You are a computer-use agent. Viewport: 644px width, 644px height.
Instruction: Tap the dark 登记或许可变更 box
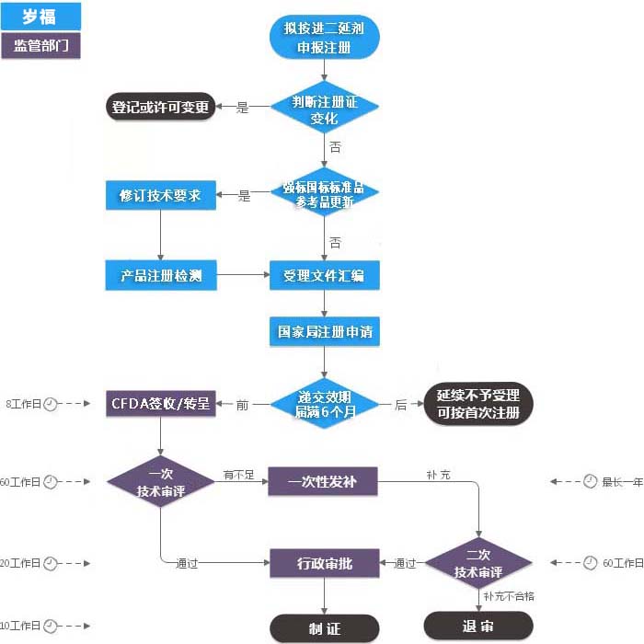pos(161,108)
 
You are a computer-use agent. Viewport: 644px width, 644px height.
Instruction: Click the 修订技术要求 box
pos(161,195)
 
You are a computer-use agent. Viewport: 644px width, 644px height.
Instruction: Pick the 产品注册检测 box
pos(161,274)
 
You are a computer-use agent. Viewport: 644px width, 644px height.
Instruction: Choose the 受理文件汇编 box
pos(324,274)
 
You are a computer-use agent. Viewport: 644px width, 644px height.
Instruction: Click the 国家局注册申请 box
pos(324,330)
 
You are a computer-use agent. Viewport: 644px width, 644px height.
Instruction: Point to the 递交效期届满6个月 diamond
pos(324,403)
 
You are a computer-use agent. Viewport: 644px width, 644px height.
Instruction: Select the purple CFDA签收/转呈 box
pos(161,403)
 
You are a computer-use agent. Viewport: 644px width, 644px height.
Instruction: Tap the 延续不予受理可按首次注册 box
pos(478,403)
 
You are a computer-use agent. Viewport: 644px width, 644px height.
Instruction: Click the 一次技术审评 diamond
pos(161,482)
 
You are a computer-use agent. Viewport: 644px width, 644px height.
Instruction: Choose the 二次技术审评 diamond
pos(478,563)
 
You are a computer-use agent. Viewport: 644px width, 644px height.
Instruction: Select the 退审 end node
pos(478,626)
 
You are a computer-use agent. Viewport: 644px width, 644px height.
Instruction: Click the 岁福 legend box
pos(40,16)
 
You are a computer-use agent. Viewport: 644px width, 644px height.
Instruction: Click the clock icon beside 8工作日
pos(51,403)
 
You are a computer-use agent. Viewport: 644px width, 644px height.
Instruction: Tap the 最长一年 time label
pos(622,481)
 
